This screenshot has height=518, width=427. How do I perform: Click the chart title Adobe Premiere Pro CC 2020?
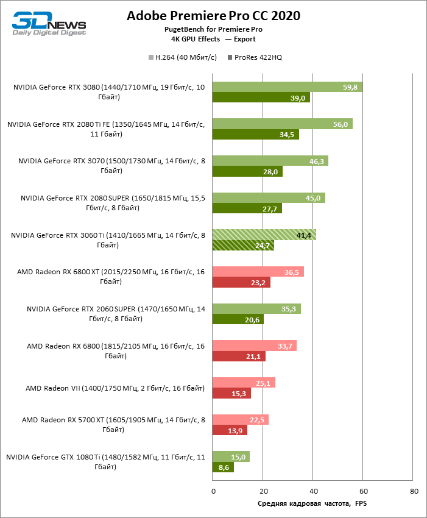tap(213, 16)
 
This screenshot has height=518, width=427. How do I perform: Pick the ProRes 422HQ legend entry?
tap(254, 57)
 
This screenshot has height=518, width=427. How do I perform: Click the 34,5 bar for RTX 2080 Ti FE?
tap(256, 135)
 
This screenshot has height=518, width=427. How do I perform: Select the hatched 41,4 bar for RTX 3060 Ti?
tap(264, 234)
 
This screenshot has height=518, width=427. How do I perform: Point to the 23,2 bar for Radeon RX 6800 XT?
tap(241, 283)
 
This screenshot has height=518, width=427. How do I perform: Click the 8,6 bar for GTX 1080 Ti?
tap(223, 468)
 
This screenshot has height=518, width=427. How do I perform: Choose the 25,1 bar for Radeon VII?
tap(244, 383)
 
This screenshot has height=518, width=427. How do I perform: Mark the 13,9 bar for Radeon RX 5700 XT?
tap(230, 430)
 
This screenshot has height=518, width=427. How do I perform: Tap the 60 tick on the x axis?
tap(363, 491)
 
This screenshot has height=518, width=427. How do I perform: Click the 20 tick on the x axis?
tap(263, 491)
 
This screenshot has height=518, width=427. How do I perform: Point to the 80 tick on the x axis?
tap(414, 491)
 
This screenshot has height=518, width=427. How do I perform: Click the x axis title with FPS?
tap(312, 503)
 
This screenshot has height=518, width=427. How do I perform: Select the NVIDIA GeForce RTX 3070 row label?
tap(111, 166)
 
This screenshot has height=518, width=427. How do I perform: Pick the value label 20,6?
tap(253, 319)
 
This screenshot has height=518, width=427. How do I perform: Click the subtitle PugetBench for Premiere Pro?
tap(213, 29)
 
